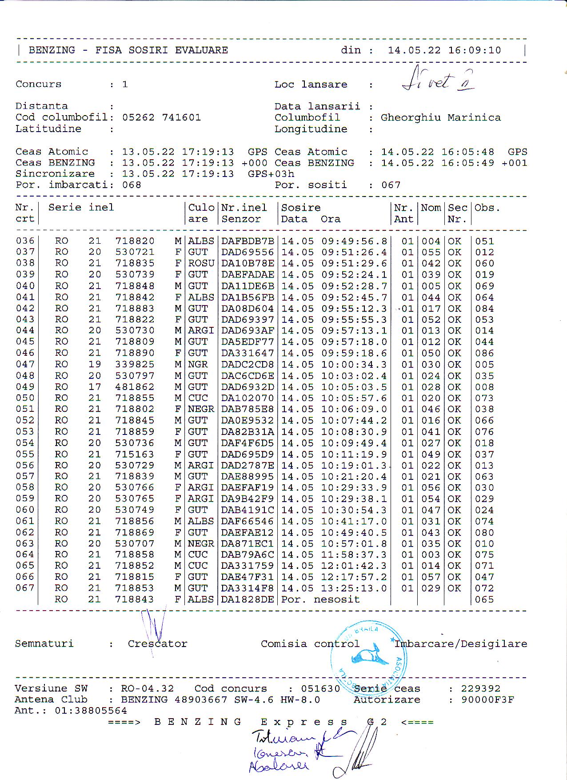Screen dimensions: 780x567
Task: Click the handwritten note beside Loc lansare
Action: (x=438, y=80)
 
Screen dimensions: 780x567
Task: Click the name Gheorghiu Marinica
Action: (x=440, y=117)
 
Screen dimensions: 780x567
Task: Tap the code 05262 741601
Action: (x=161, y=117)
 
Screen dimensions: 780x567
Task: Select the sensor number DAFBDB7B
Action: (x=248, y=241)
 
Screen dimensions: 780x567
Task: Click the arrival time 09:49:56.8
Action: (x=354, y=241)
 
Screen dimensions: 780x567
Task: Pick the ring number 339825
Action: (x=135, y=364)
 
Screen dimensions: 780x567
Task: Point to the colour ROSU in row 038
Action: (x=201, y=263)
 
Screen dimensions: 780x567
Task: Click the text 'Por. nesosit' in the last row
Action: (x=320, y=599)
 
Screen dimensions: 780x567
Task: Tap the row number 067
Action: (x=25, y=588)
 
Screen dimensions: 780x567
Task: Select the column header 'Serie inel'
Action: (x=81, y=207)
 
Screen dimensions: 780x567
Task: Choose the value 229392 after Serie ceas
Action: (x=480, y=688)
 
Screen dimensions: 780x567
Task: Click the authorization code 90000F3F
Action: (x=487, y=700)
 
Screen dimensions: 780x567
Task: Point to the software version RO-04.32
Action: (x=147, y=688)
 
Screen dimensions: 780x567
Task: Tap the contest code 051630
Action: (x=320, y=688)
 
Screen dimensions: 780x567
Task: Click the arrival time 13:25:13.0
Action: (x=354, y=588)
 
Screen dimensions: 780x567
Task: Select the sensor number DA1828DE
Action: (x=248, y=599)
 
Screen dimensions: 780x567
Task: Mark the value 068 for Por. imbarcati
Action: (x=132, y=185)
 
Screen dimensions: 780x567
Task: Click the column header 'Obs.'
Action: (x=487, y=208)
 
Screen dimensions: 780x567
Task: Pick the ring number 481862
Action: (x=135, y=387)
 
